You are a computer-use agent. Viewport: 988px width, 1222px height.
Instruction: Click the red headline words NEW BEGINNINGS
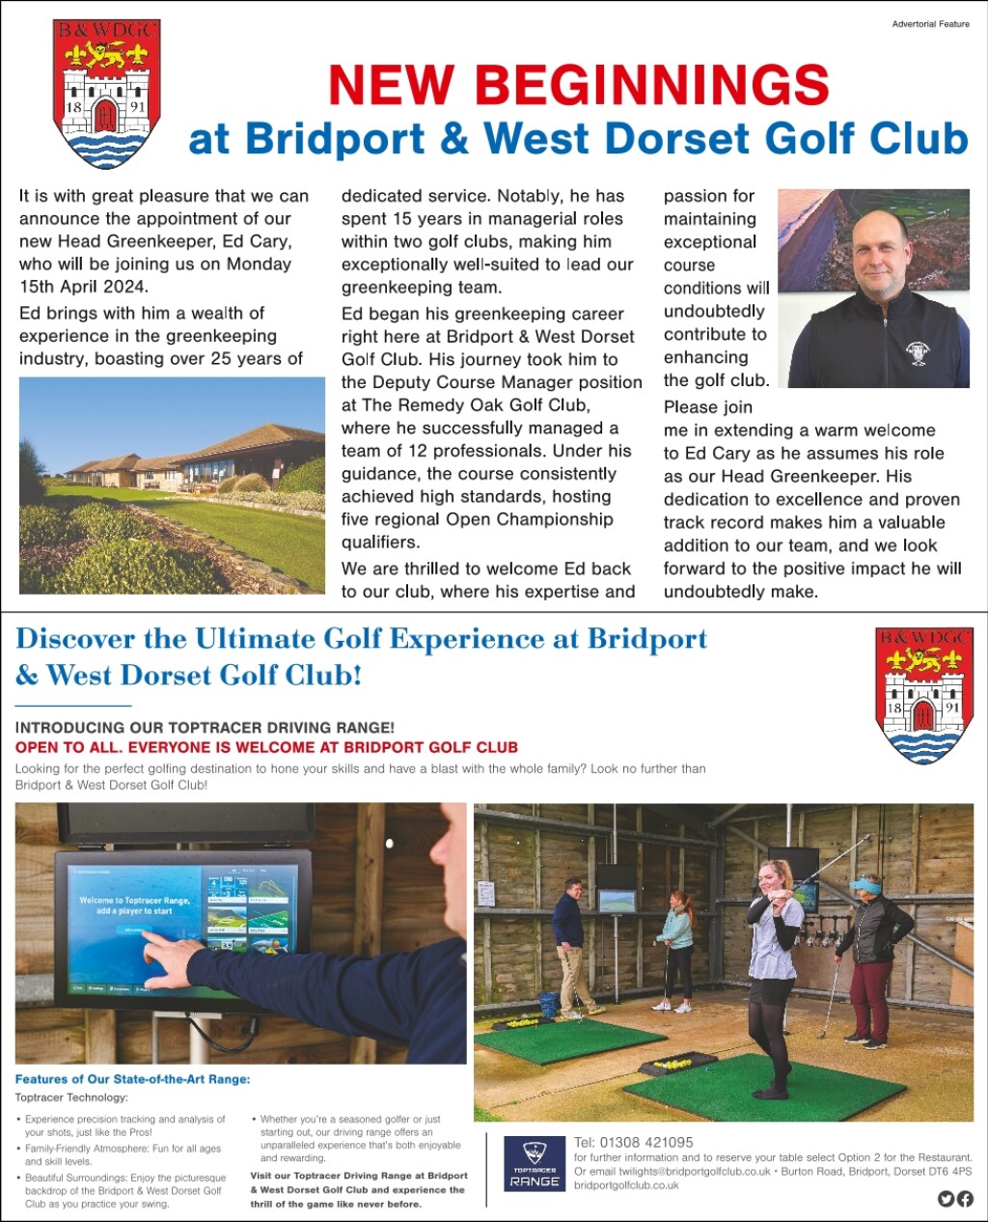(x=578, y=85)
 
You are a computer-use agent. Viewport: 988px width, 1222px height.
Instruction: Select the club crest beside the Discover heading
(x=923, y=694)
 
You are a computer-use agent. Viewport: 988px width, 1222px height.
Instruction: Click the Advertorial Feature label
(x=930, y=24)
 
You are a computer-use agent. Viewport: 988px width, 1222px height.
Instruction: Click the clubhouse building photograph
(x=172, y=485)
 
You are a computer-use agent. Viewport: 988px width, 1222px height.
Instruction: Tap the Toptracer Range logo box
(x=534, y=1163)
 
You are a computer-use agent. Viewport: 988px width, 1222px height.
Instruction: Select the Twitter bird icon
(x=946, y=1199)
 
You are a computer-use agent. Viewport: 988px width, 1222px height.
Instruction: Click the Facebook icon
(x=965, y=1199)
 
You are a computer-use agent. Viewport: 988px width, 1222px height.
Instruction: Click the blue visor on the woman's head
(x=864, y=882)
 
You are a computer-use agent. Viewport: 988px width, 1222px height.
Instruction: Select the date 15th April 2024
(x=83, y=287)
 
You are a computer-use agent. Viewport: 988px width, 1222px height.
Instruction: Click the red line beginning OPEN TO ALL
(x=266, y=747)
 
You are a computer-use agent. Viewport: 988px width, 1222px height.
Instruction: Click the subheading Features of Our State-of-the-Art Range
(x=132, y=1079)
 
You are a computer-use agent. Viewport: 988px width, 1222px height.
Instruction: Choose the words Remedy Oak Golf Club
(x=492, y=404)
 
